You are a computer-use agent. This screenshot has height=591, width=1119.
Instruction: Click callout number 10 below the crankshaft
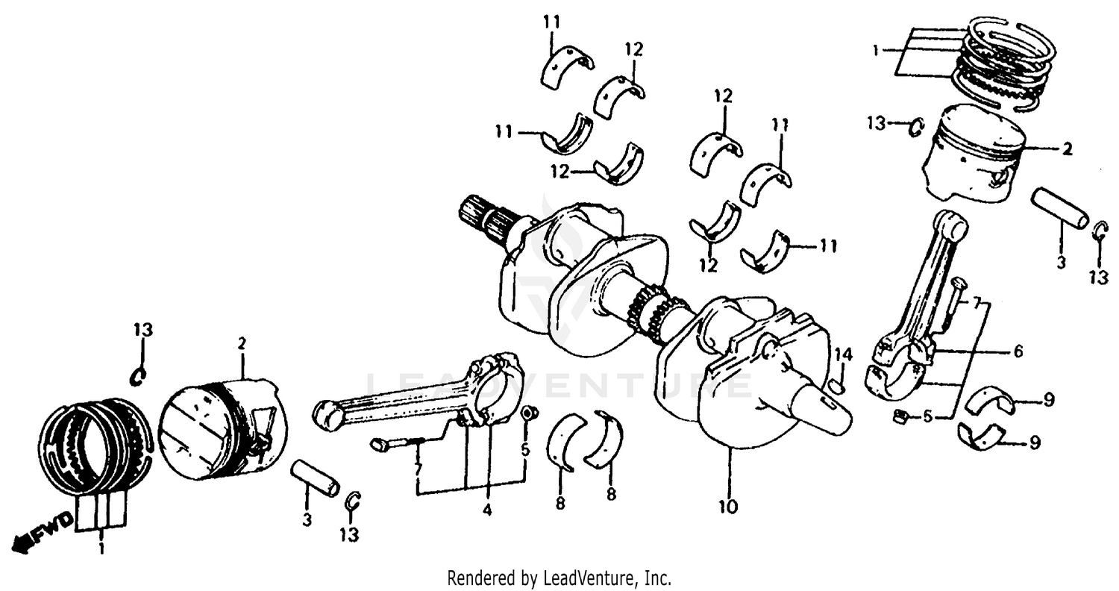(x=727, y=507)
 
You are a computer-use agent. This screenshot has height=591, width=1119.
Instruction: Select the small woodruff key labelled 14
(x=837, y=386)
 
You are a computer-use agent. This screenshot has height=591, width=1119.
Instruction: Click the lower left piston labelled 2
(x=224, y=429)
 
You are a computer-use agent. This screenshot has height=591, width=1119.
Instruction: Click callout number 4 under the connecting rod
(x=486, y=511)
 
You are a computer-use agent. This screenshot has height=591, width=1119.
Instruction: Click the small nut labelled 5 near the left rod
(x=527, y=413)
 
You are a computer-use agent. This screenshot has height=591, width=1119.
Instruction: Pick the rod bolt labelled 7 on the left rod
(x=395, y=444)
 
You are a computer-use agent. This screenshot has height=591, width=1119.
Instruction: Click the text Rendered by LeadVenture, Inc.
(x=559, y=578)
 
